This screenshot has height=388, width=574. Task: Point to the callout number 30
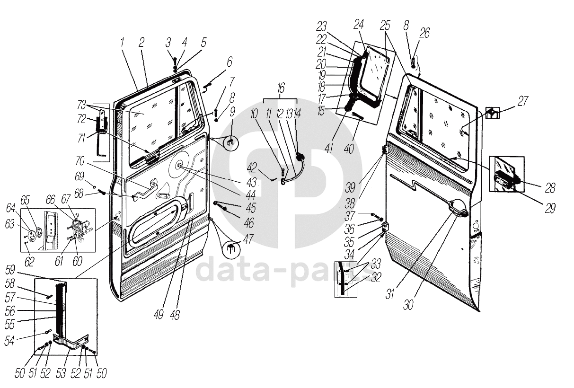tap(408, 304)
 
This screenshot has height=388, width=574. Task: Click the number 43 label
tap(251, 182)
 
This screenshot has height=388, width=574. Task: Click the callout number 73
tap(82, 104)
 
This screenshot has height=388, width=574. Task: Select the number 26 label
tap(424, 33)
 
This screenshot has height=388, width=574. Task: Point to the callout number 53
tap(60, 373)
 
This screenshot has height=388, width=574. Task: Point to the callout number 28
tap(549, 188)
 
